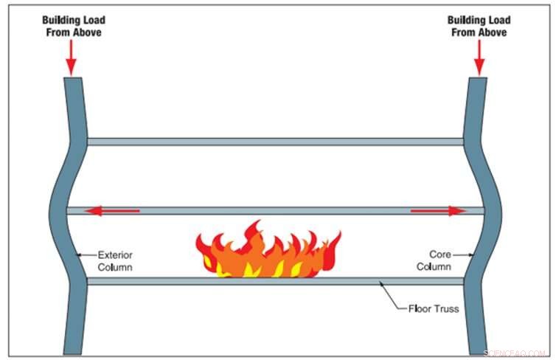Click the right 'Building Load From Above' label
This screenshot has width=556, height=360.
point(480,26)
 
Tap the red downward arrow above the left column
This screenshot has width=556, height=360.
point(71,58)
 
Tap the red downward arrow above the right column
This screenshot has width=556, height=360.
point(480,58)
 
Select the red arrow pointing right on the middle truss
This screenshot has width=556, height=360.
point(438,211)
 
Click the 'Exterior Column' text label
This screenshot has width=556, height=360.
point(114,261)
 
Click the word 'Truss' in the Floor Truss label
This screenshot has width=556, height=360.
point(445,308)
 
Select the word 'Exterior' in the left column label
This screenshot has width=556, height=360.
point(115,255)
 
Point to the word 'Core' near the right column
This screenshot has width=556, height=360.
point(439,255)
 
